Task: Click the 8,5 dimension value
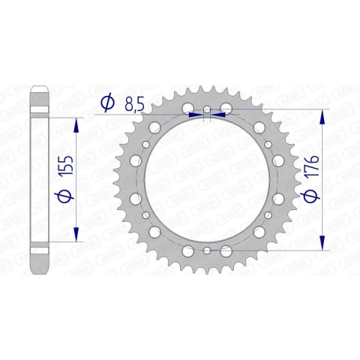click(134, 104)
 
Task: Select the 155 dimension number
click(66, 165)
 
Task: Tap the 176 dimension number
click(312, 166)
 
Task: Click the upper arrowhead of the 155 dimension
click(76, 125)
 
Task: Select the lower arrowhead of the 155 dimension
click(76, 234)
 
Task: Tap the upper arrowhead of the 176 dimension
click(322, 117)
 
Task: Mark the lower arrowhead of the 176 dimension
click(322, 242)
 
